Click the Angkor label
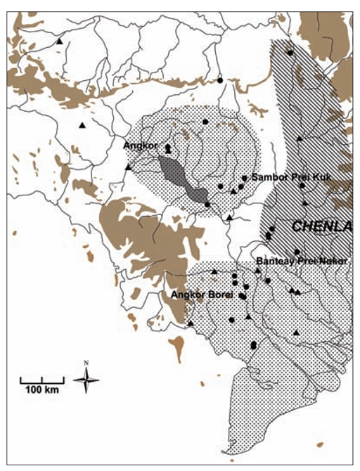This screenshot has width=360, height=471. tap(137, 146)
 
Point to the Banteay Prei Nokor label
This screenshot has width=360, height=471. tap(302, 261)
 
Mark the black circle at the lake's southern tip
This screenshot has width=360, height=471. tap(207, 204)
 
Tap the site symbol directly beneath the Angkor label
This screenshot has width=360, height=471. tap(167, 148)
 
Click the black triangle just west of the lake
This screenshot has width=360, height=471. tap(127, 167)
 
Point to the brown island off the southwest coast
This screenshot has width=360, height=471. tap(177, 347)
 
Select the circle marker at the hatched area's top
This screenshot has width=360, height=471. tap(290, 52)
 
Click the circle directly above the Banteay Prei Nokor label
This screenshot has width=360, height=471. tap(297, 252)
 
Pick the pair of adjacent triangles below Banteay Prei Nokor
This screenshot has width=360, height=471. tap(295, 290)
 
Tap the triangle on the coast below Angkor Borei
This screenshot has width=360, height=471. tap(191, 323)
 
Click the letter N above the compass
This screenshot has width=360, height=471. tap(86, 363)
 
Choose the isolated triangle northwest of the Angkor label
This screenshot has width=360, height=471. tap(82, 125)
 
